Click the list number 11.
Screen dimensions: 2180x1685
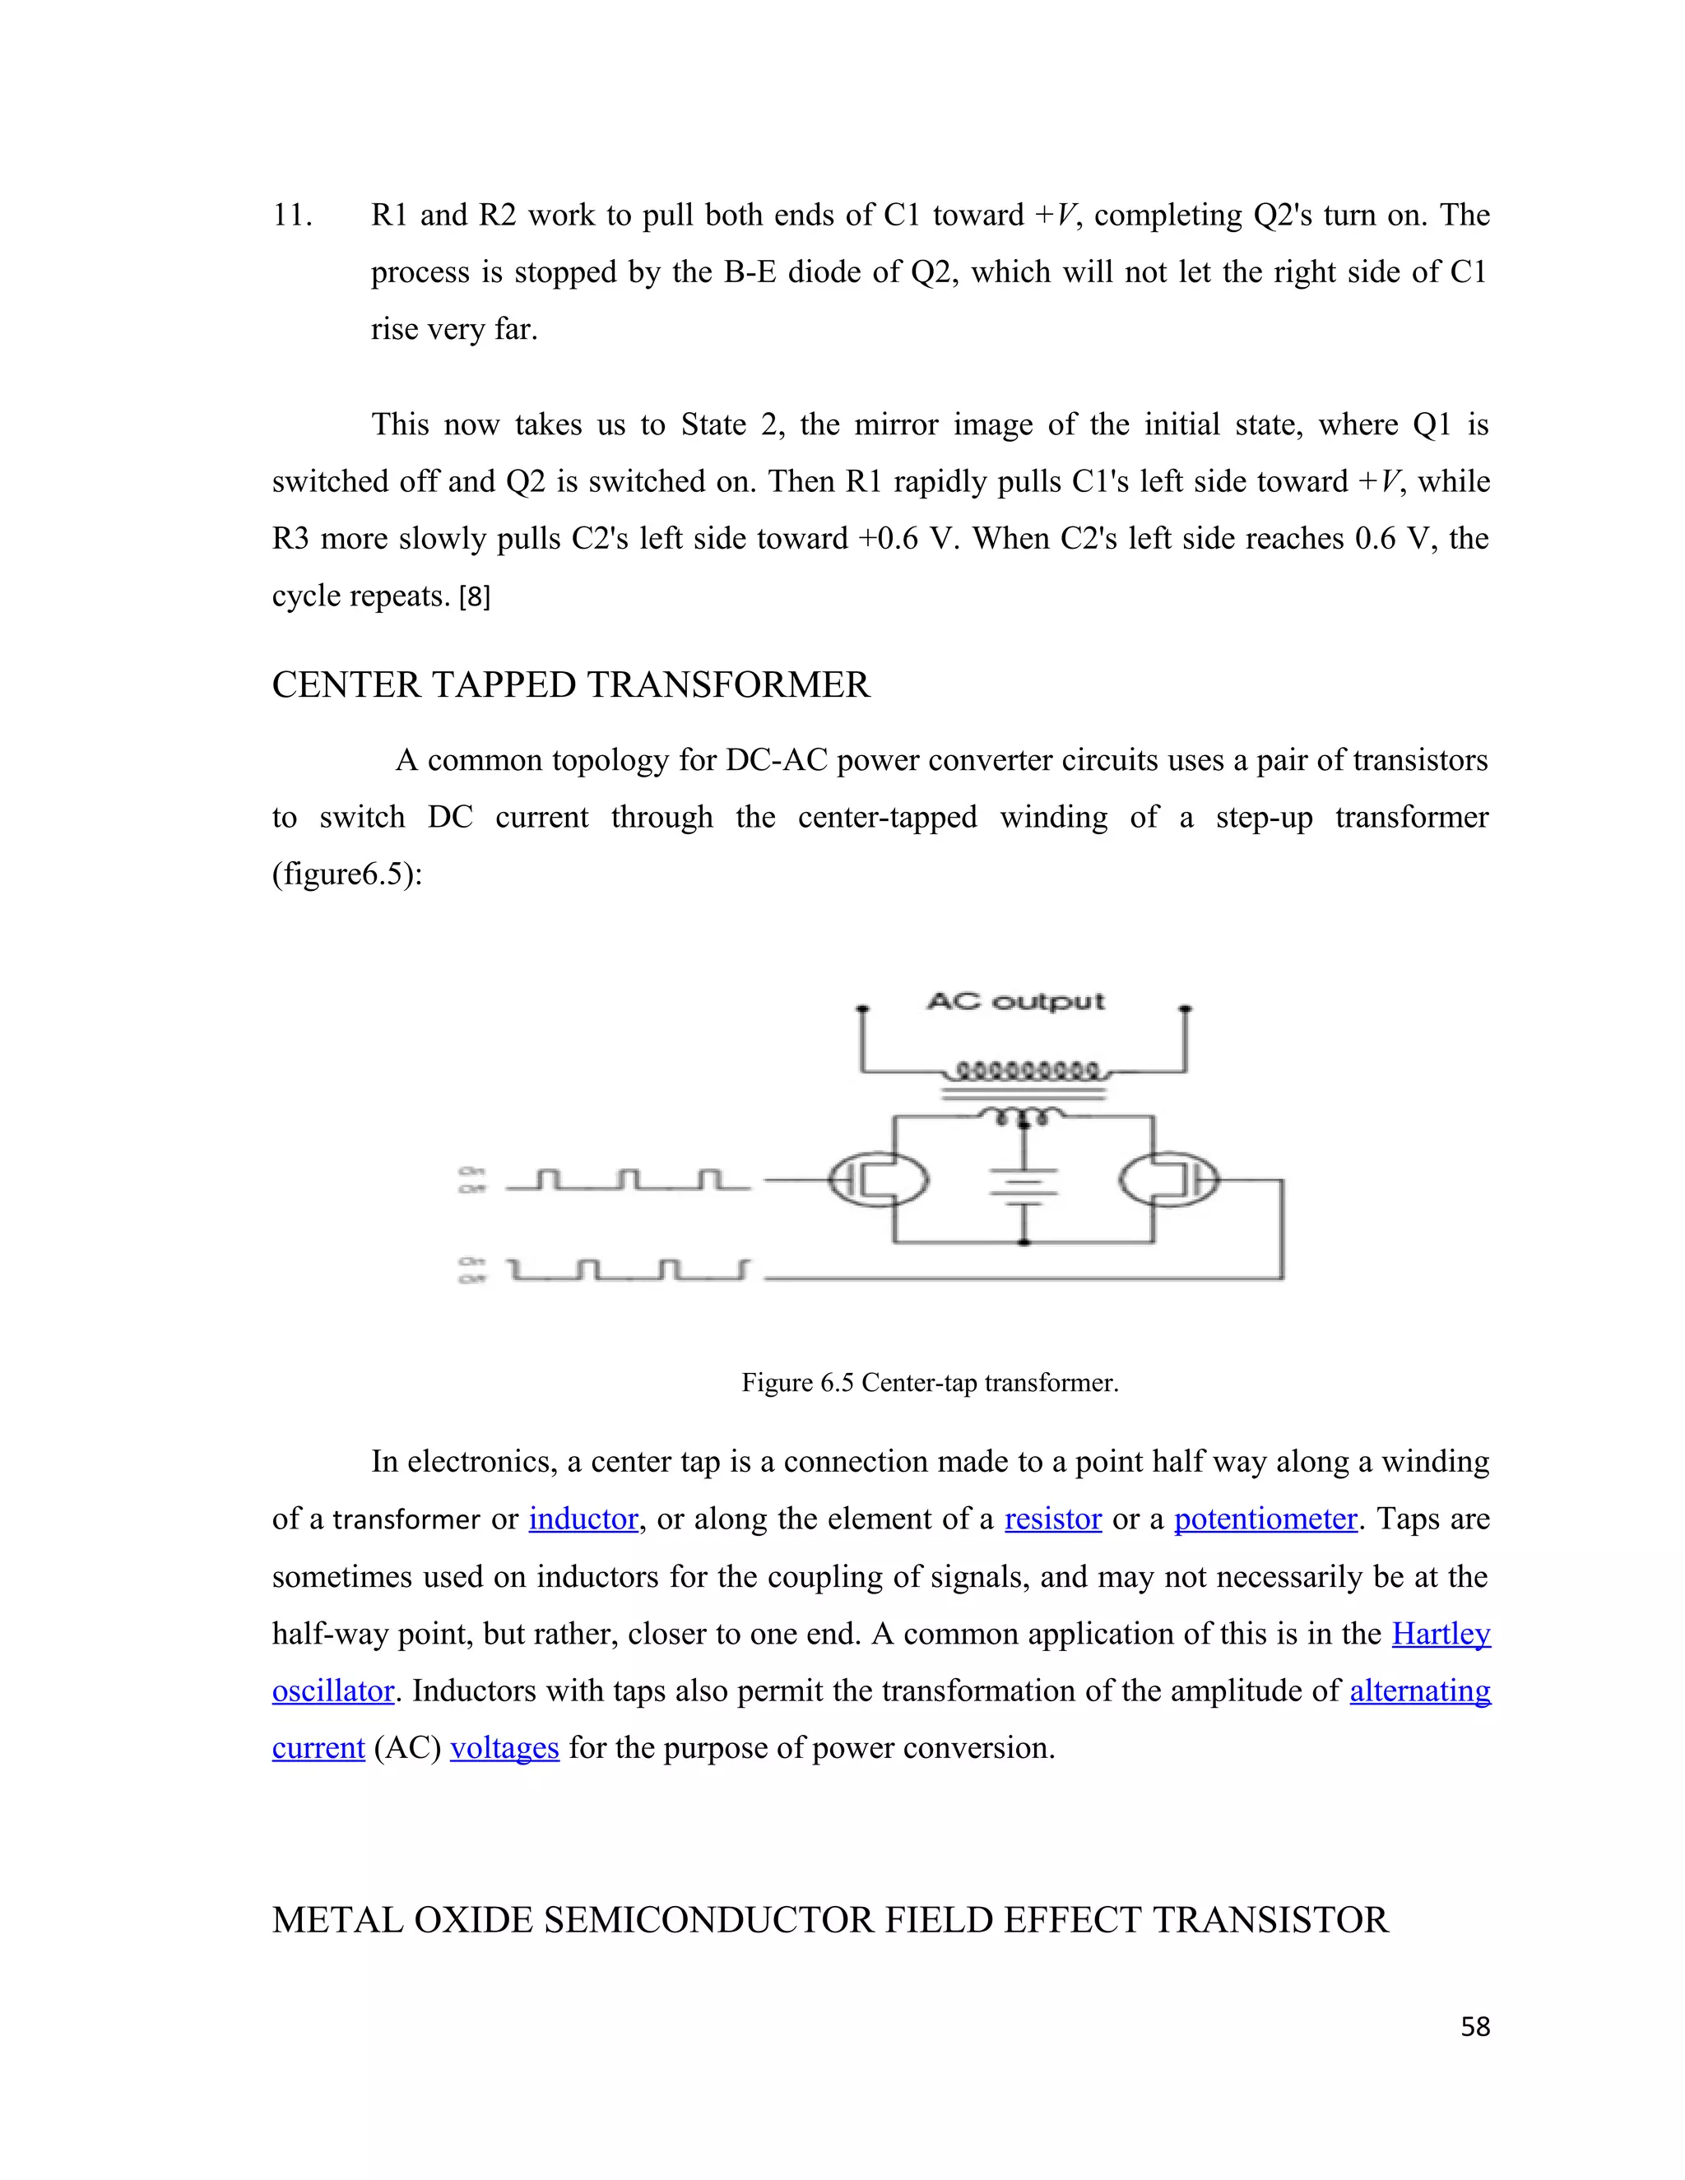[x=292, y=216]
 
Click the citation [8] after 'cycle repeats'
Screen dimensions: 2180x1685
[x=474, y=597]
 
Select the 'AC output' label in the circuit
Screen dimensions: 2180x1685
[x=1015, y=1001]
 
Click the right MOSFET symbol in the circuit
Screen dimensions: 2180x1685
[x=1169, y=1180]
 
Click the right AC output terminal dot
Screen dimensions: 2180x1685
[x=1186, y=1009]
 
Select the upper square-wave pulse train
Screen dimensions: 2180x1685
[x=628, y=1180]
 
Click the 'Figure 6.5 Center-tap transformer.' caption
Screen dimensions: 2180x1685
[x=930, y=1383]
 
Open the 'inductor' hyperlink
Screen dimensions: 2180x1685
[x=583, y=1519]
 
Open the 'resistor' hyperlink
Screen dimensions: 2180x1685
[x=1052, y=1519]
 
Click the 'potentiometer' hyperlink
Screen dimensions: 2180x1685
[x=1265, y=1519]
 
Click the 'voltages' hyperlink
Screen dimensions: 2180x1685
[x=504, y=1748]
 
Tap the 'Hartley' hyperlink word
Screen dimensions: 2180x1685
[x=1441, y=1634]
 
